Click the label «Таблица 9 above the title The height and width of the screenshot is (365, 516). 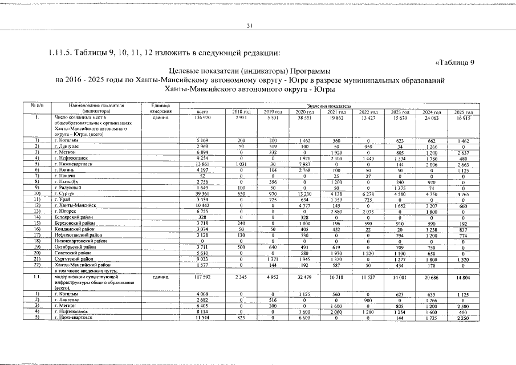[455, 63]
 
